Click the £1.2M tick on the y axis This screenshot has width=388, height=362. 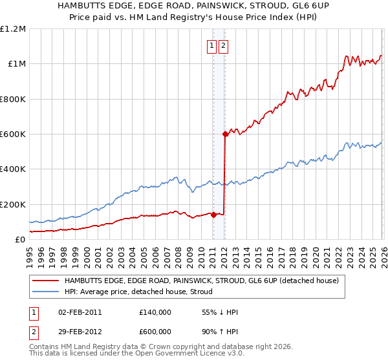pyautogui.click(x=13, y=29)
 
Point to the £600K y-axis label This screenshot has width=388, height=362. pyautogui.click(x=13, y=134)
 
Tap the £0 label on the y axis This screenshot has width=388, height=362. pyautogui.click(x=19, y=240)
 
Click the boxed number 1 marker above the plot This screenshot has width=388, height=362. pyautogui.click(x=212, y=46)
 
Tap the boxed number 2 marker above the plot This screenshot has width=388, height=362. pyautogui.click(x=223, y=46)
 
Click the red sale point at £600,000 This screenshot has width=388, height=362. pyautogui.click(x=225, y=134)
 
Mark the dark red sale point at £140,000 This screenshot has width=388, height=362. pyautogui.click(x=213, y=215)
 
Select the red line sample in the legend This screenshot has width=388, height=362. pyautogui.click(x=45, y=281)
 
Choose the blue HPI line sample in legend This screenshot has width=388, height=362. pyautogui.click(x=45, y=292)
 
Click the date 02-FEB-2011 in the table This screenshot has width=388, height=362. pyautogui.click(x=80, y=312)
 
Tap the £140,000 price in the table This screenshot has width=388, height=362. pyautogui.click(x=155, y=312)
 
